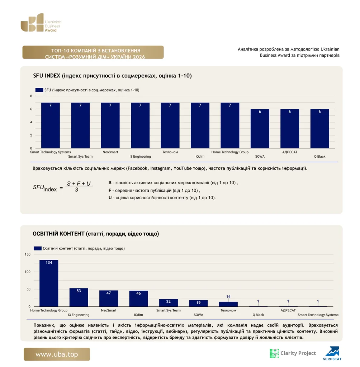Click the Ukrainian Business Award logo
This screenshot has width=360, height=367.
click(41, 23)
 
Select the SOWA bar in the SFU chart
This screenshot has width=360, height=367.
click(260, 129)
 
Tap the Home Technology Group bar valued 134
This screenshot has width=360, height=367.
click(49, 283)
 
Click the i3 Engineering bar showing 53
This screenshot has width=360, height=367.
click(79, 297)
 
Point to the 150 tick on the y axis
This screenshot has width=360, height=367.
click(27, 254)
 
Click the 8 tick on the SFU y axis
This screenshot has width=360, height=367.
click(31, 96)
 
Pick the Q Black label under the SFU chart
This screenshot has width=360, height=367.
click(320, 156)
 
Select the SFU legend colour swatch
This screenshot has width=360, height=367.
click(39, 90)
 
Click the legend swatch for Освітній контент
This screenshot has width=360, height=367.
click(38, 248)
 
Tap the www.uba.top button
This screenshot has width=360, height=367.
click(57, 354)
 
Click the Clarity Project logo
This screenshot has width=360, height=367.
click(293, 353)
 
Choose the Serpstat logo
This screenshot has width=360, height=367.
click(332, 353)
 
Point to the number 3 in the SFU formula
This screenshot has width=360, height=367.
click(77, 190)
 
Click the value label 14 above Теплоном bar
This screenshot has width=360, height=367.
click(228, 296)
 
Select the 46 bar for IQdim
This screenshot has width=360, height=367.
click(138, 299)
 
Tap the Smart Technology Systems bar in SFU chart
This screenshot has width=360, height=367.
click(50, 125)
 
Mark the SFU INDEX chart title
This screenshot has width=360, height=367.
click(113, 76)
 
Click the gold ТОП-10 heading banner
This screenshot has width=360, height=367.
click(93, 52)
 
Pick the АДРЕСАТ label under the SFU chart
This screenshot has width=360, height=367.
click(290, 152)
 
